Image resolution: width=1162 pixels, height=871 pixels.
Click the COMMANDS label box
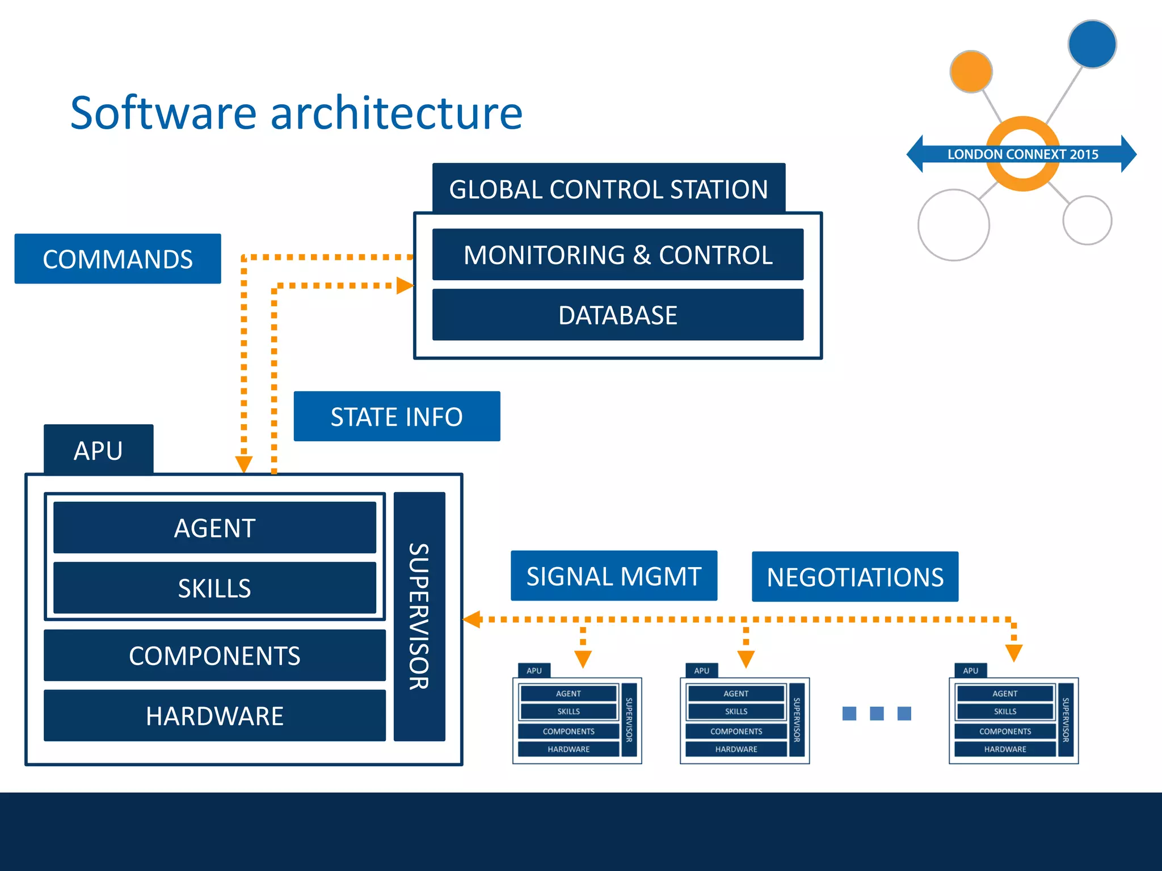(x=117, y=259)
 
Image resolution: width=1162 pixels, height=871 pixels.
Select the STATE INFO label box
(x=397, y=416)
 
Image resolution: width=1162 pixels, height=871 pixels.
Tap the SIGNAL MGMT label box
(x=613, y=576)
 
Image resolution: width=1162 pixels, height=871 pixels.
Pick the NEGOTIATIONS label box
(x=854, y=577)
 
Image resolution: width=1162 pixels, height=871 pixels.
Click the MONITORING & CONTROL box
(x=617, y=255)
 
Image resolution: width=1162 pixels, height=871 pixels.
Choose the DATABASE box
(x=617, y=315)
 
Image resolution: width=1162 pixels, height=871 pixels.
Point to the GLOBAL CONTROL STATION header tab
(x=608, y=188)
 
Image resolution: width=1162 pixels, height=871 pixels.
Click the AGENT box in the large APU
(x=214, y=527)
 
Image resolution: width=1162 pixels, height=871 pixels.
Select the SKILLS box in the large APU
(x=214, y=587)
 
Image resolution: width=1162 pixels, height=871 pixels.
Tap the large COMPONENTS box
(x=214, y=655)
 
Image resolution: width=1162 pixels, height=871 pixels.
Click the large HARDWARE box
(x=214, y=715)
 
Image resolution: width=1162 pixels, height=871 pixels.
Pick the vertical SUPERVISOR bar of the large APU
(x=419, y=616)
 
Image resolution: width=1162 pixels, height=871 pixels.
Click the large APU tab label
(x=98, y=450)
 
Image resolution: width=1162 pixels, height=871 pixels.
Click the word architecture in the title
(x=396, y=113)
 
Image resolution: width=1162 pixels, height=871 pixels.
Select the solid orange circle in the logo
(x=971, y=71)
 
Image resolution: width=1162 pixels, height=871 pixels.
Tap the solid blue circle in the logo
(x=1092, y=44)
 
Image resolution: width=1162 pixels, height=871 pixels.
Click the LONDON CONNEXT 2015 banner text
(x=1022, y=154)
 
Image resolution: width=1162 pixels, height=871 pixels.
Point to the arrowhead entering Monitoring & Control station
(x=405, y=285)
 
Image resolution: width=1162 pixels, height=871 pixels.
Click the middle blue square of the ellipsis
(x=877, y=713)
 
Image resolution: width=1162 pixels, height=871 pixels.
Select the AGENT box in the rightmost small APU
(x=1004, y=694)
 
